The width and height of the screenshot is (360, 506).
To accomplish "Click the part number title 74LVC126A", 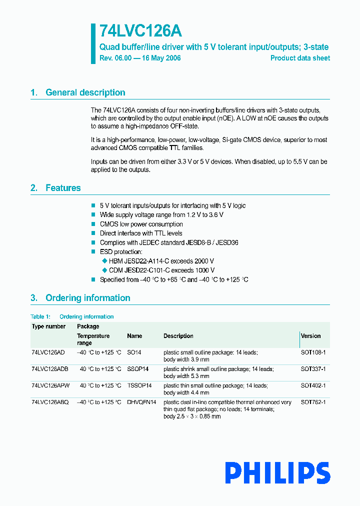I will pyautogui.click(x=140, y=31).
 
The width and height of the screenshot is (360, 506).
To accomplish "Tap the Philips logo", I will pyautogui.click(x=277, y=472).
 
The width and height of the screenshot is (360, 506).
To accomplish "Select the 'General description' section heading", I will pyautogui.click(x=85, y=92).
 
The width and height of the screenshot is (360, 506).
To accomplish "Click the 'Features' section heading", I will pyautogui.click(x=63, y=188).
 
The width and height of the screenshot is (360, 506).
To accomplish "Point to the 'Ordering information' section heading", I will pyautogui.click(x=87, y=298).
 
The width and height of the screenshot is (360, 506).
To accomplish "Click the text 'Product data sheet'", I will pyautogui.click(x=300, y=58).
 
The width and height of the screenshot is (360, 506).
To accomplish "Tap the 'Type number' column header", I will pyautogui.click(x=48, y=326).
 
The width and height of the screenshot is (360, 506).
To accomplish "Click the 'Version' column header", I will pyautogui.click(x=310, y=336).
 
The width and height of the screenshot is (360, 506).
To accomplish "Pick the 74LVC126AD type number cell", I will pyautogui.click(x=48, y=352).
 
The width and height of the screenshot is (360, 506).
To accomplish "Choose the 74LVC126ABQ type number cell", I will pyautogui.click(x=50, y=402).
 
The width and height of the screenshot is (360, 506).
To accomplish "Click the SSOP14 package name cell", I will pyautogui.click(x=138, y=369).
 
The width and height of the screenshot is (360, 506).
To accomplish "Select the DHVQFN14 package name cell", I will pyautogui.click(x=141, y=402).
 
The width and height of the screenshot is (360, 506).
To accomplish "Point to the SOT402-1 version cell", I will pyautogui.click(x=313, y=385).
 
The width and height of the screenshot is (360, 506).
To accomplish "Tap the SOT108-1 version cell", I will pyautogui.click(x=313, y=352).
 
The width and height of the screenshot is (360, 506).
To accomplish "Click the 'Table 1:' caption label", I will pyautogui.click(x=40, y=316).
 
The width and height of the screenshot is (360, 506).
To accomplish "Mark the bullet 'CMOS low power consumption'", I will pyautogui.click(x=141, y=224).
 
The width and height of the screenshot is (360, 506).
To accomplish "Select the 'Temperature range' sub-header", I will pyautogui.click(x=93, y=339).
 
